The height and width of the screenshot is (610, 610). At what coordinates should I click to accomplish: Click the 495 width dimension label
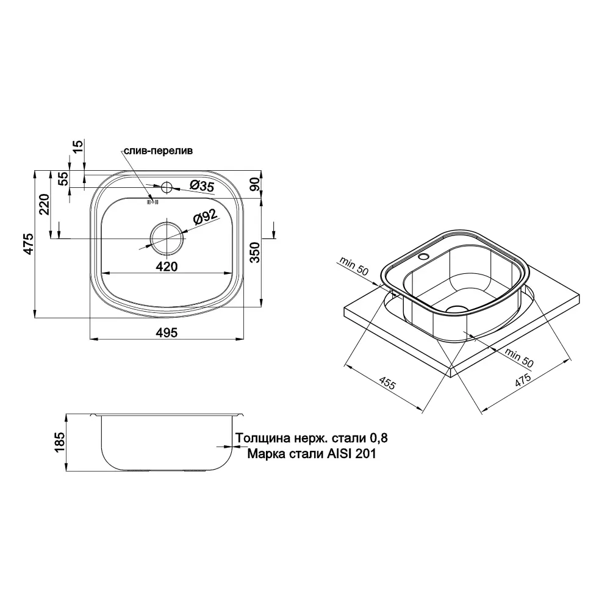click(167, 332)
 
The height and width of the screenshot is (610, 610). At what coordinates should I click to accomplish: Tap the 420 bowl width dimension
click(167, 267)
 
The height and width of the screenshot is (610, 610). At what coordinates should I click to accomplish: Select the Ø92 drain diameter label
click(204, 217)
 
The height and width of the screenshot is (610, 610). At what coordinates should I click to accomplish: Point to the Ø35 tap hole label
click(202, 186)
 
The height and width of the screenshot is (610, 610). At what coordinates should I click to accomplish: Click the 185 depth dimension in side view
click(60, 442)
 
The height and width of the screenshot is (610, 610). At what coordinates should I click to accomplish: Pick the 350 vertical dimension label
click(254, 252)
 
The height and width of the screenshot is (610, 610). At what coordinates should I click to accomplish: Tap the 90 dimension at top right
click(254, 184)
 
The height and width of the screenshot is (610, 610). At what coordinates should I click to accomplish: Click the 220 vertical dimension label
click(45, 204)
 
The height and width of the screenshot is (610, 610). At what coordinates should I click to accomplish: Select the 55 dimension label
click(63, 179)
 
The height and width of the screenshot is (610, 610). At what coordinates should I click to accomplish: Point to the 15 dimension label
click(78, 146)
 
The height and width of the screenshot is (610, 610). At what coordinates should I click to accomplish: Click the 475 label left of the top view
click(29, 245)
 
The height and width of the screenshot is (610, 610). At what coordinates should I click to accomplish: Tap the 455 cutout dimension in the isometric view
click(387, 384)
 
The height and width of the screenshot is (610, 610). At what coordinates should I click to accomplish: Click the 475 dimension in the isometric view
click(523, 379)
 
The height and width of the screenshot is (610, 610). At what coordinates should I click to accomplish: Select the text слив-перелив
click(158, 151)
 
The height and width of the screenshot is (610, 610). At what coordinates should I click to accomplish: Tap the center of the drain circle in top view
click(167, 238)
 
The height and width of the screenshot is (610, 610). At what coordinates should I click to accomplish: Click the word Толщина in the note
click(263, 438)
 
